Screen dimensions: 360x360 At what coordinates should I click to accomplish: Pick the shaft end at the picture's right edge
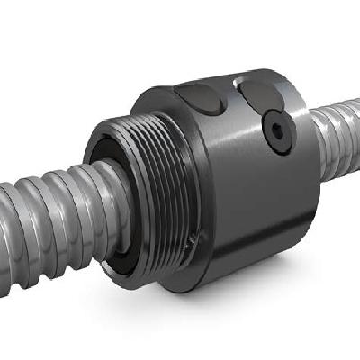tap(355, 117)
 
